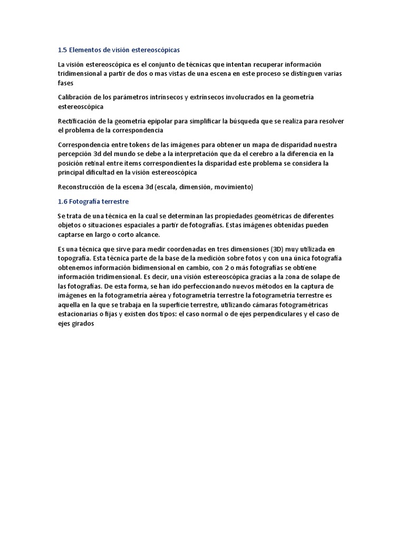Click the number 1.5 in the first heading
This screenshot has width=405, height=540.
click(62, 50)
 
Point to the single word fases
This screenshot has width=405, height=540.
click(65, 83)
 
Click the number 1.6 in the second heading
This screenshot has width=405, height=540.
click(62, 201)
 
